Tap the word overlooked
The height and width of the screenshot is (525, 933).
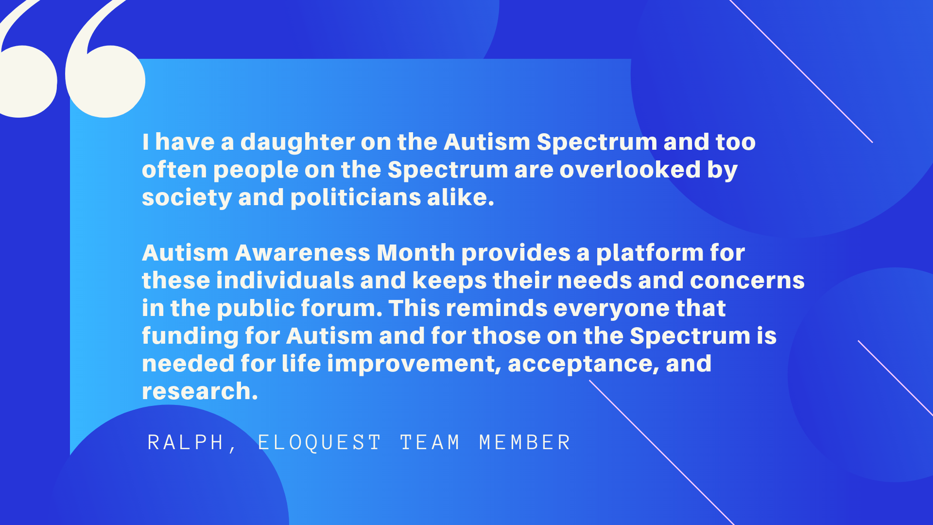tap(630, 170)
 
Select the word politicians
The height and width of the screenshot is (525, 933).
tap(356, 197)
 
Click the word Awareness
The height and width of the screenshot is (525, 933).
tap(303, 253)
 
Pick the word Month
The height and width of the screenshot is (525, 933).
tap(416, 253)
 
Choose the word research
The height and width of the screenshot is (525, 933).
tap(200, 392)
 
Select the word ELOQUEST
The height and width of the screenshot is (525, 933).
tap(319, 442)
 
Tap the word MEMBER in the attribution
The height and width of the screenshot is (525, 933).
tap(524, 442)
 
